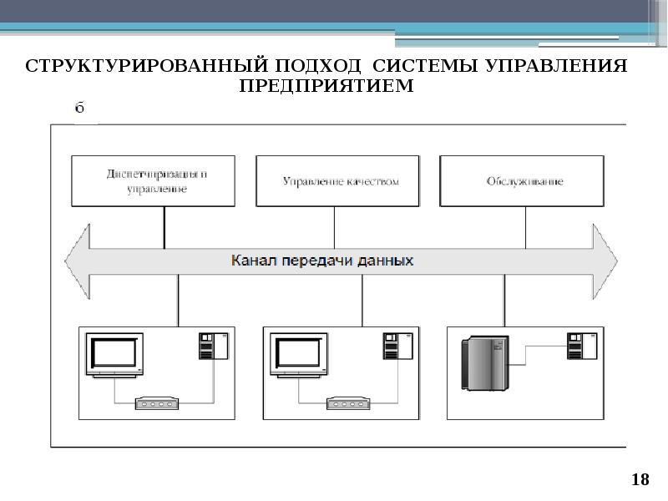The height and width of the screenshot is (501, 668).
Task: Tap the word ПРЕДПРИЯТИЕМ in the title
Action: [326, 86]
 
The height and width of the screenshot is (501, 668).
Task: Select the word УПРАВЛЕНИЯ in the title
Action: [558, 66]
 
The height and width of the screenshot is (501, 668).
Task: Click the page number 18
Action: [640, 479]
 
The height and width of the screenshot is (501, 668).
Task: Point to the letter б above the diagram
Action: [80, 108]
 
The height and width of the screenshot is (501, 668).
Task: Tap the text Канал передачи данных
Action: [322, 260]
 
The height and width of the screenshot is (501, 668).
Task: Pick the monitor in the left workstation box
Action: [115, 355]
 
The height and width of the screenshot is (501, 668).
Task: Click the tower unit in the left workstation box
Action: [207, 346]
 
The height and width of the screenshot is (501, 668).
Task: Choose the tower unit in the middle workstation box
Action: [392, 346]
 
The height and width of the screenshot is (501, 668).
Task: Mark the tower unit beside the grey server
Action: [576, 346]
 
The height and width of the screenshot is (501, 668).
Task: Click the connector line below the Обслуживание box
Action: [526, 226]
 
